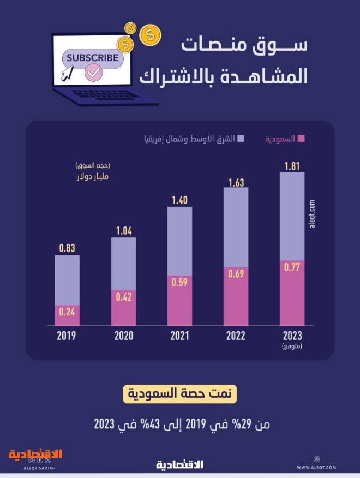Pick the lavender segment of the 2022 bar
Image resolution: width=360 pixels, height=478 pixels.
point(236,226)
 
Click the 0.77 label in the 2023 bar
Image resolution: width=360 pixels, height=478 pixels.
point(292,267)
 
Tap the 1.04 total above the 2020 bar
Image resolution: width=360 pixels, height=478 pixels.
point(123,231)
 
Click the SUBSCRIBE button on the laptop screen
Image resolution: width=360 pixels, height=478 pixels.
point(92,58)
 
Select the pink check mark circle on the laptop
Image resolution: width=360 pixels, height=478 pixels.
point(94,72)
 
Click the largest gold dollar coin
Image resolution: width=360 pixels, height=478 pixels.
point(150,35)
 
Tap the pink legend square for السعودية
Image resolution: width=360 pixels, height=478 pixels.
point(301,139)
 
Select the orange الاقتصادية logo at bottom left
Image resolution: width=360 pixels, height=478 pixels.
point(35,455)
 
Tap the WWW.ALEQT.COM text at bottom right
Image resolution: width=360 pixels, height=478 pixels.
point(316,468)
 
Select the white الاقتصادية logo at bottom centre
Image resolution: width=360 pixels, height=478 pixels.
point(179,465)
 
